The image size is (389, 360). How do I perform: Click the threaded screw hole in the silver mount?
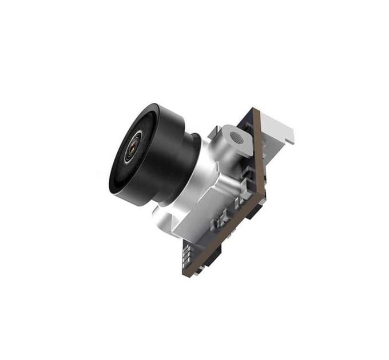(235, 137)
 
